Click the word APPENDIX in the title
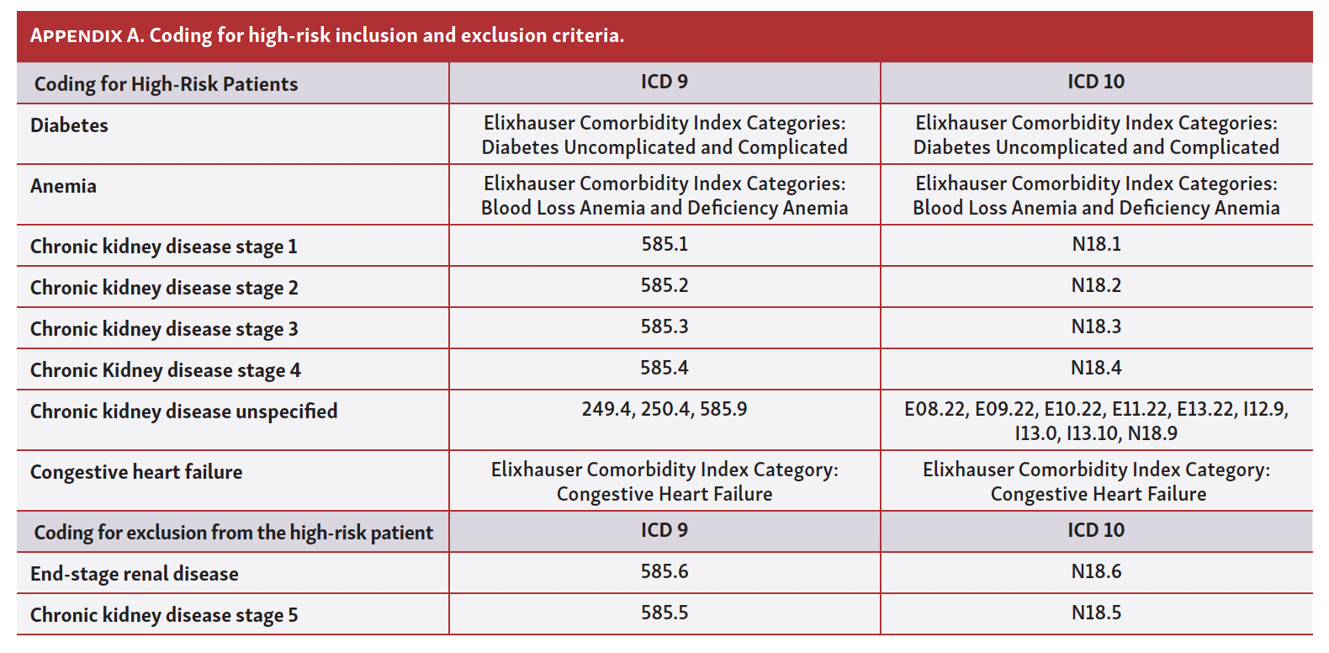click(77, 36)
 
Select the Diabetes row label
click(69, 125)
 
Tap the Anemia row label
click(63, 186)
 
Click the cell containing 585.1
click(664, 244)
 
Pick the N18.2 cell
click(1096, 285)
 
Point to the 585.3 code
click(664, 326)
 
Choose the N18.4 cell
click(1096, 368)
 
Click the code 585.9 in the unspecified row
click(723, 409)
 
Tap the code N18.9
click(1152, 433)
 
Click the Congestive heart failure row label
click(136, 472)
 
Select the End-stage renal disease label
click(135, 574)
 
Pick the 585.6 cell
click(664, 571)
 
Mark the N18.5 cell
click(1096, 613)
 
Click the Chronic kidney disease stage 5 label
click(164, 615)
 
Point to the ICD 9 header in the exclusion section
click(664, 530)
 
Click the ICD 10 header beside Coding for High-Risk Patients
click(1096, 82)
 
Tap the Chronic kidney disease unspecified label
click(183, 411)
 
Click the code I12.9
click(1265, 409)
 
